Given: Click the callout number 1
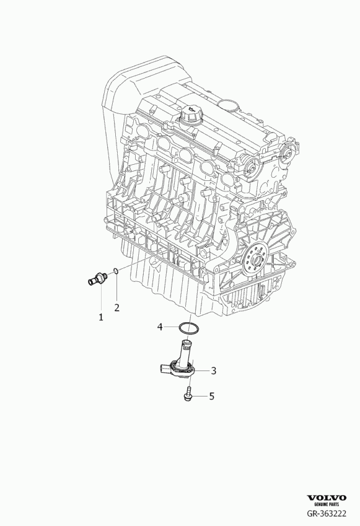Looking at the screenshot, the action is click(100, 317).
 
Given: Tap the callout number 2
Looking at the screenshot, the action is click(116, 307).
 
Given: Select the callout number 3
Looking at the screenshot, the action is click(213, 370).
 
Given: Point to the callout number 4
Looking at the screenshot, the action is click(160, 327).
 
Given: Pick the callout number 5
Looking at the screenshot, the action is click(211, 396).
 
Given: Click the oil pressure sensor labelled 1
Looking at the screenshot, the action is click(98, 279).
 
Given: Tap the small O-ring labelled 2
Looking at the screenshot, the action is click(115, 271).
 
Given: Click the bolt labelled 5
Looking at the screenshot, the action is click(187, 393).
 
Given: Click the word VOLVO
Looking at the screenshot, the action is click(327, 498).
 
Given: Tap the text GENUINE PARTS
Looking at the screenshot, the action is click(327, 504).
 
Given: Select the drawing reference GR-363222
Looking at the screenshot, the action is click(327, 514).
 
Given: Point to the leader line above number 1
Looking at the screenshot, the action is click(101, 299).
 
